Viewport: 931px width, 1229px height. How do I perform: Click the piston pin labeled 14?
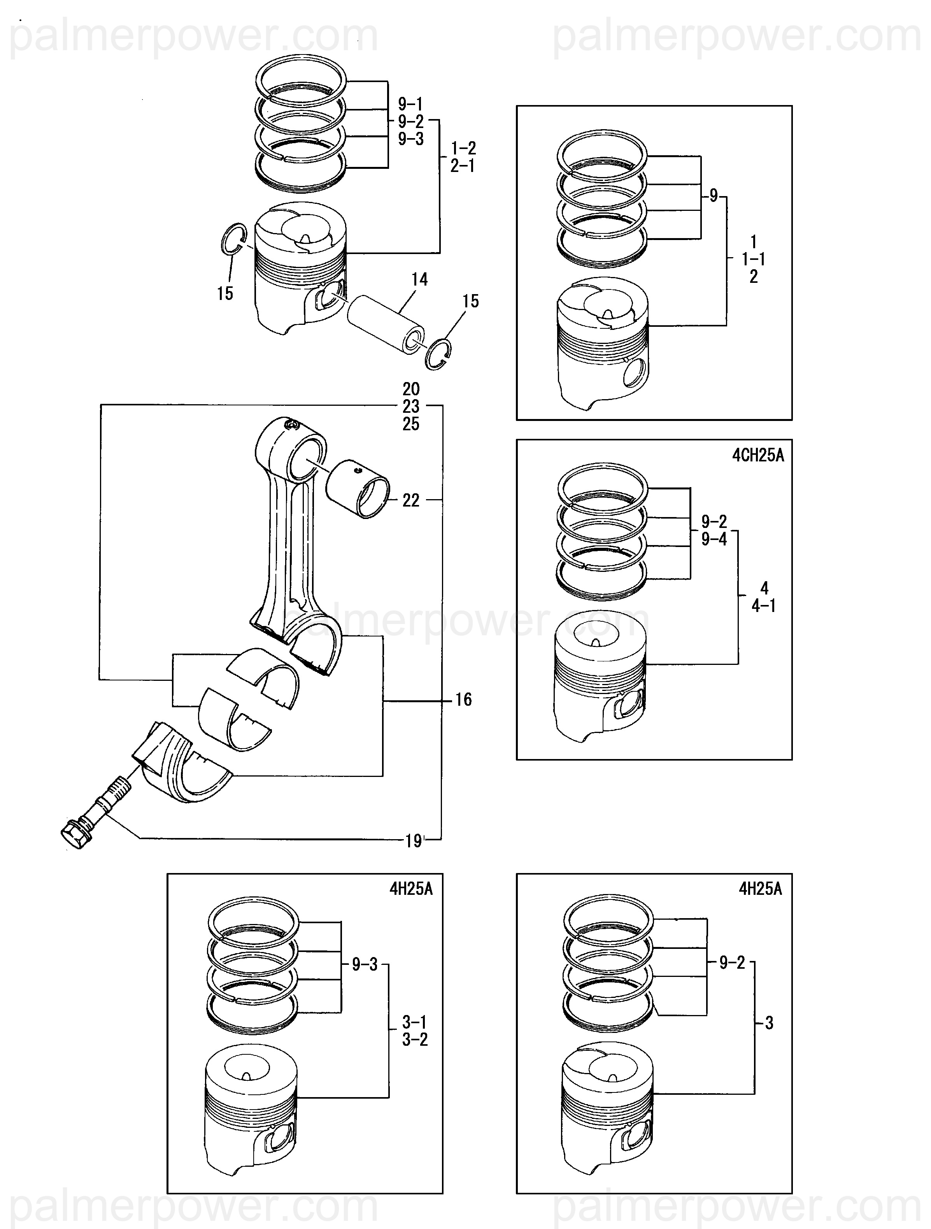pyautogui.click(x=386, y=324)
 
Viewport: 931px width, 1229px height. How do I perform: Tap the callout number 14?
pyautogui.click(x=419, y=279)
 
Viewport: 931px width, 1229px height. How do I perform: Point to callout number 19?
pyautogui.click(x=413, y=841)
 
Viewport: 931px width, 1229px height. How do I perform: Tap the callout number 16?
pyautogui.click(x=463, y=700)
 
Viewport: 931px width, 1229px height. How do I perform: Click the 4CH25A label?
pyautogui.click(x=758, y=456)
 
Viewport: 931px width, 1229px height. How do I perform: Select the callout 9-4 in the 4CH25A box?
pyautogui.click(x=714, y=539)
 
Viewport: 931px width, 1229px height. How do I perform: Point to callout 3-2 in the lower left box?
pyautogui.click(x=415, y=1040)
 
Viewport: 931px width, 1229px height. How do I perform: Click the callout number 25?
pyautogui.click(x=411, y=424)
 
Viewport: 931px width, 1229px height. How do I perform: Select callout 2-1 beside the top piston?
pyautogui.click(x=463, y=166)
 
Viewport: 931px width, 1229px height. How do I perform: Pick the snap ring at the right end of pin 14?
pyautogui.click(x=438, y=354)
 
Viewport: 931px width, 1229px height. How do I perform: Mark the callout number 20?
pyautogui.click(x=411, y=389)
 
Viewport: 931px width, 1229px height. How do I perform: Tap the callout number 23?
pyautogui.click(x=411, y=406)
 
